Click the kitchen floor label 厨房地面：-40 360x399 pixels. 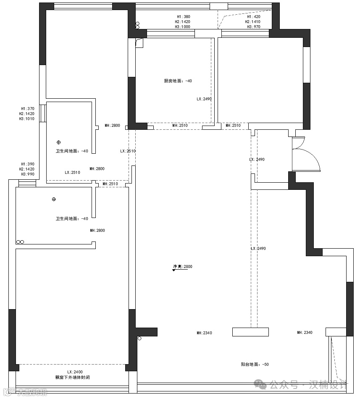[178, 81]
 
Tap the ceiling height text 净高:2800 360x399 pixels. [182, 267]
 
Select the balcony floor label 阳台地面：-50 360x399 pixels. [255, 365]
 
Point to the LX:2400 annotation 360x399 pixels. [75, 372]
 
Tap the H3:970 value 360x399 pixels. [254, 27]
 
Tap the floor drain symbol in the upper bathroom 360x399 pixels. [59, 142]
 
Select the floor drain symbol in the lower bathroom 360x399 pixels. [54, 199]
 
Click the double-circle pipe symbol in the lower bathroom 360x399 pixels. [20, 242]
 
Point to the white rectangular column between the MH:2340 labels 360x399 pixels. [250, 332]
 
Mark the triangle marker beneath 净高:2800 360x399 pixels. [174, 270]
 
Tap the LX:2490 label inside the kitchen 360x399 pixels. [204, 99]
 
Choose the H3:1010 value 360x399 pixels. [27, 119]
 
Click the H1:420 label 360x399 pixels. [254, 17]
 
